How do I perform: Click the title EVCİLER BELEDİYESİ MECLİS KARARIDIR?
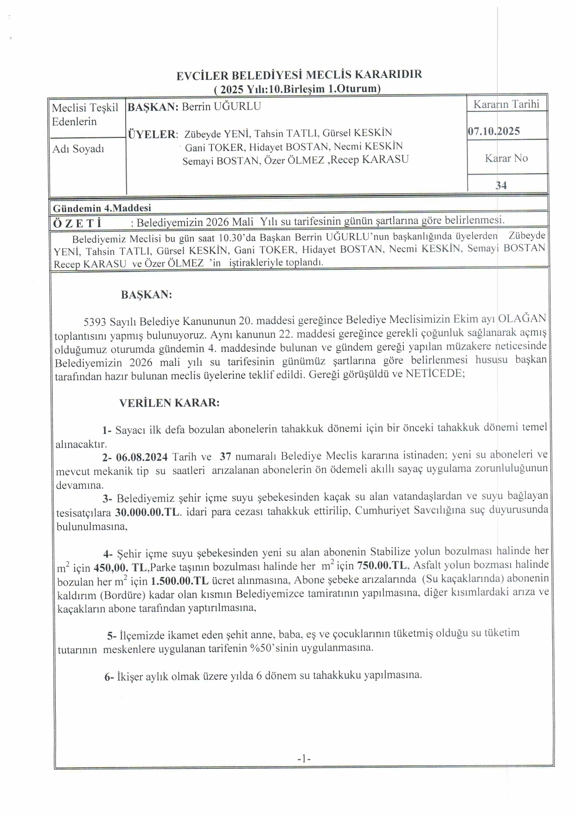click(x=299, y=75)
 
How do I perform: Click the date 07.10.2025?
click(x=493, y=131)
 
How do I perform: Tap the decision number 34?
click(x=501, y=186)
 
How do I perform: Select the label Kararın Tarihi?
click(x=506, y=104)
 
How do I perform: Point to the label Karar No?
click(x=506, y=158)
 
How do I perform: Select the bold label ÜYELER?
click(x=153, y=135)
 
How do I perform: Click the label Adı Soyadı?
click(x=78, y=149)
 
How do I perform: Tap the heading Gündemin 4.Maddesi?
click(x=102, y=208)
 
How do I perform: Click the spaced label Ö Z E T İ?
click(x=77, y=223)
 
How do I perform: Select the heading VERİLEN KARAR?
click(x=169, y=402)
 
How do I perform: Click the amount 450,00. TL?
click(x=120, y=568)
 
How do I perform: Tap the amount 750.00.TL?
click(x=382, y=566)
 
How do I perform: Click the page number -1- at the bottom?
click(x=303, y=759)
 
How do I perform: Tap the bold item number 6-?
click(x=109, y=677)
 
